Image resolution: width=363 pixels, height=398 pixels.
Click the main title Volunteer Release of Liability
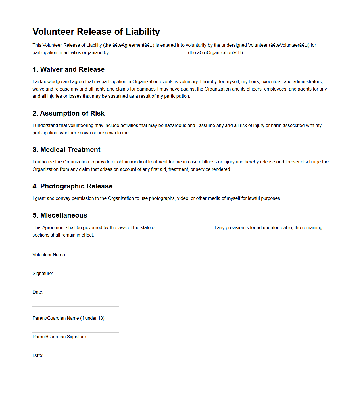pos(96,32)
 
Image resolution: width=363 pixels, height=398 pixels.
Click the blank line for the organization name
pos(148,53)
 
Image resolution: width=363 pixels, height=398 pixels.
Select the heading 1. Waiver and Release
pos(68,69)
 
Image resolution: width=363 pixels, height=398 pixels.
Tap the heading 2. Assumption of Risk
pos(68,113)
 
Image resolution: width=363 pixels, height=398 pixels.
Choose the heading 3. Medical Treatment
pos(66,150)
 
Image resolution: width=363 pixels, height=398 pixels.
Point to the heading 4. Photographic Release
pos(72,186)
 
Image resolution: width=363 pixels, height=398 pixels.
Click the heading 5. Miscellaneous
pos(60,215)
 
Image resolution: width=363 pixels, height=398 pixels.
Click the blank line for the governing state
pos(184,228)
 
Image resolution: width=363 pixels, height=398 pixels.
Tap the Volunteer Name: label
pos(49,255)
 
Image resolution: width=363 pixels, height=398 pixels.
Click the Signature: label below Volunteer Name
pos(43,274)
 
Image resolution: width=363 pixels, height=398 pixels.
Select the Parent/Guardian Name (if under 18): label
pos(69,318)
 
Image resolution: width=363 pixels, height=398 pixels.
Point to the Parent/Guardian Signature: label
pos(60,337)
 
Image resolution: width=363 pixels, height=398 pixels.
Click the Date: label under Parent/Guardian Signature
pos(38,356)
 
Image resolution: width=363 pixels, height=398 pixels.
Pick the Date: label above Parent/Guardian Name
pos(38,292)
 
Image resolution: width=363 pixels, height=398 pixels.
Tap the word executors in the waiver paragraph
pos(271,82)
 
